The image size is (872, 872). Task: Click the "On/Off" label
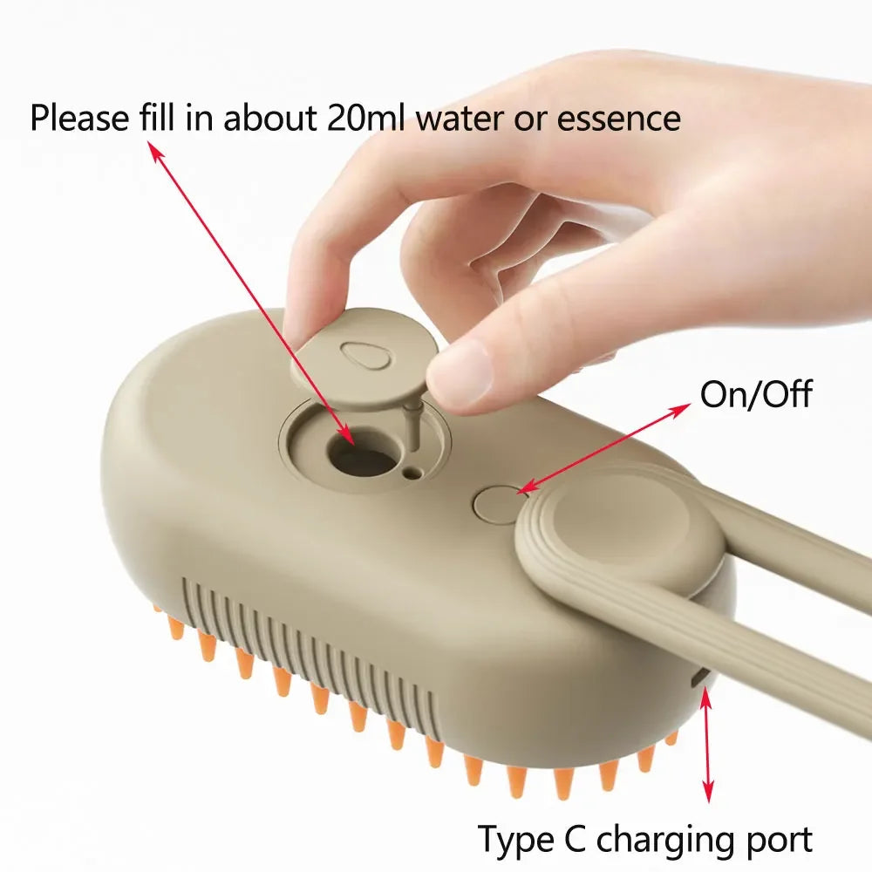tap(755, 394)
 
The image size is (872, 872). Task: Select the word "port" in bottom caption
tap(775, 839)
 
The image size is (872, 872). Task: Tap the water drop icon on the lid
tap(358, 355)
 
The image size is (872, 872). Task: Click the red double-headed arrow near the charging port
tap(707, 741)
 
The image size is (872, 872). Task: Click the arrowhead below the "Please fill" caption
tap(154, 153)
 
